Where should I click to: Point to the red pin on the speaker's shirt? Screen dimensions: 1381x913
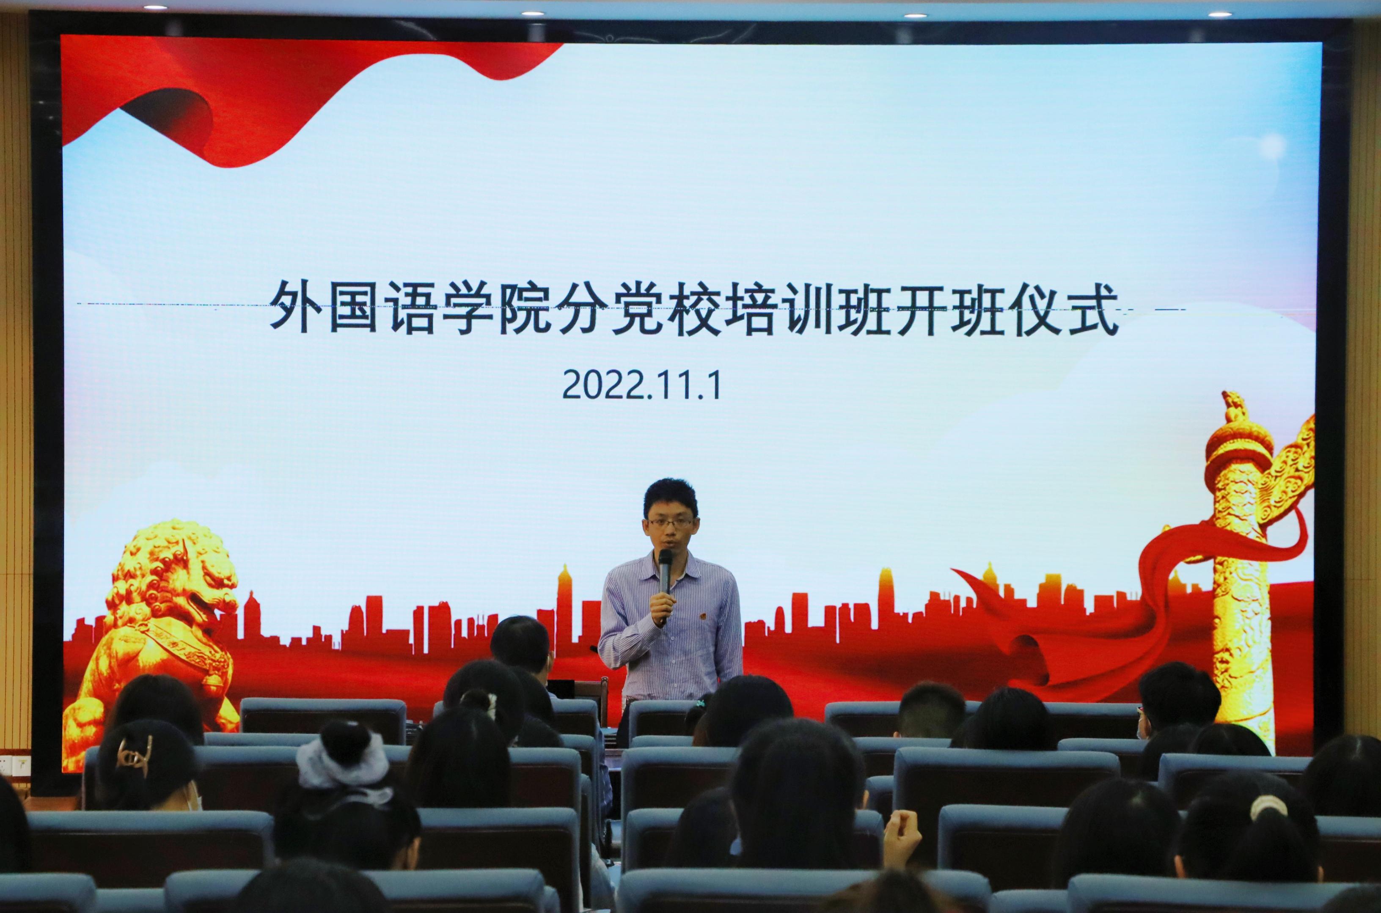tap(702, 616)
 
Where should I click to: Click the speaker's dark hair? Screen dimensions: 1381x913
tap(670, 497)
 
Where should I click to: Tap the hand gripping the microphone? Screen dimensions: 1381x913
tap(662, 605)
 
